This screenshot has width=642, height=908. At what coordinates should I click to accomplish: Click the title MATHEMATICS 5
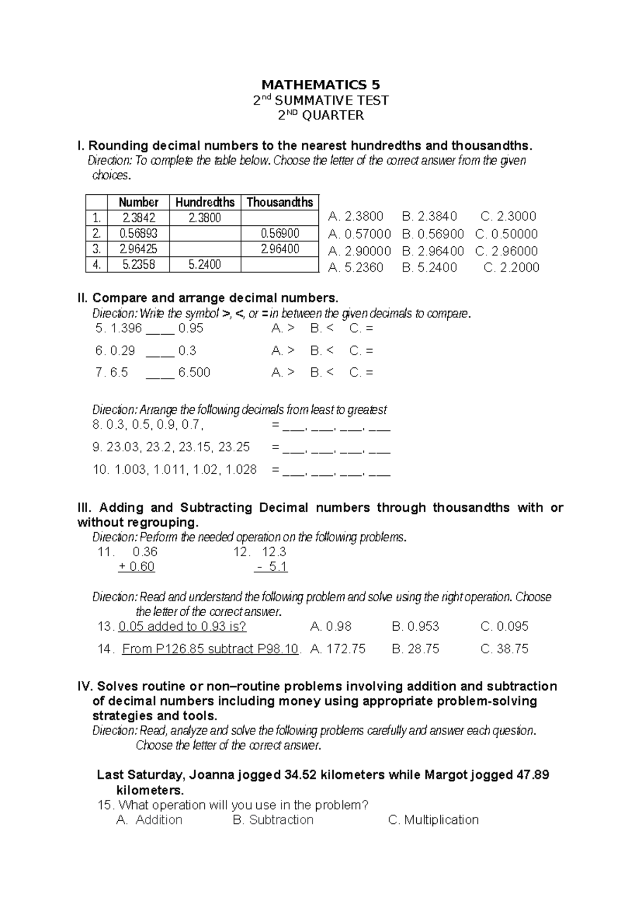320,85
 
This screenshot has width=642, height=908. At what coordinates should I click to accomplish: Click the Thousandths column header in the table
279,202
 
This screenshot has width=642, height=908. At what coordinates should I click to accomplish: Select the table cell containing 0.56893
138,233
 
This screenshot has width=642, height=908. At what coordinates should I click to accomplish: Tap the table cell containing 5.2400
205,264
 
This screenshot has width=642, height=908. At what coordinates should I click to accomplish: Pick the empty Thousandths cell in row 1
279,218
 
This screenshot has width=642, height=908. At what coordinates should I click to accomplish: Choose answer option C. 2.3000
508,216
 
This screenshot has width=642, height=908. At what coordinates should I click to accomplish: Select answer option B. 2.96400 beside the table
432,251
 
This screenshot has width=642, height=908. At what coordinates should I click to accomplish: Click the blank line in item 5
159,329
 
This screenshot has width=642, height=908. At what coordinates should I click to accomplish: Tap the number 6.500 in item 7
194,373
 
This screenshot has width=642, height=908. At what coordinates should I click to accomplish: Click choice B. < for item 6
322,351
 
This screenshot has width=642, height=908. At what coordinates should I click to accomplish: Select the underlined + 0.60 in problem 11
136,567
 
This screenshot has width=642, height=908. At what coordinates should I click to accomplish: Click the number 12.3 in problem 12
274,552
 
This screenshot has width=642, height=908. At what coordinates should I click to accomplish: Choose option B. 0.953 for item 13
415,626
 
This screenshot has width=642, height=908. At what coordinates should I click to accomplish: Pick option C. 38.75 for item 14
504,649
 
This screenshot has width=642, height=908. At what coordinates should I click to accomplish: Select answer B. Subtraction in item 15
273,820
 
